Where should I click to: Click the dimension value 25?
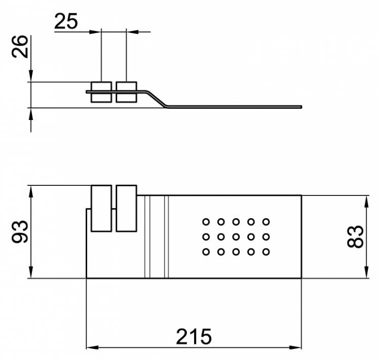tap(66, 21)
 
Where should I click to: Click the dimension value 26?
tap(20, 47)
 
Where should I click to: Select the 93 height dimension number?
tap(20, 231)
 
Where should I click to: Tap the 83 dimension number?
tap(355, 236)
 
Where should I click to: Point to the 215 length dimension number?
tap(194, 337)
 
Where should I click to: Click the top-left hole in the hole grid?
tap(206, 222)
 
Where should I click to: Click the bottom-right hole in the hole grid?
tap(266, 252)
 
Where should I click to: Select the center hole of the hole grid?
tap(236, 236)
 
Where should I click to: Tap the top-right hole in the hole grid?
tap(266, 222)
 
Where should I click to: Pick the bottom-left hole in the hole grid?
tap(206, 252)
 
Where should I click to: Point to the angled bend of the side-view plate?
tap(157, 99)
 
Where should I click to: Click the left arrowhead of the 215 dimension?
tap(92, 347)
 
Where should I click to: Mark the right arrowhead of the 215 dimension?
tap(295, 347)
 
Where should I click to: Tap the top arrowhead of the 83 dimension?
tap(367, 201)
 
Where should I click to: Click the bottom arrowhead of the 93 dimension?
tap(31, 272)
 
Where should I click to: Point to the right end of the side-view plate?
tap(301, 107)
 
